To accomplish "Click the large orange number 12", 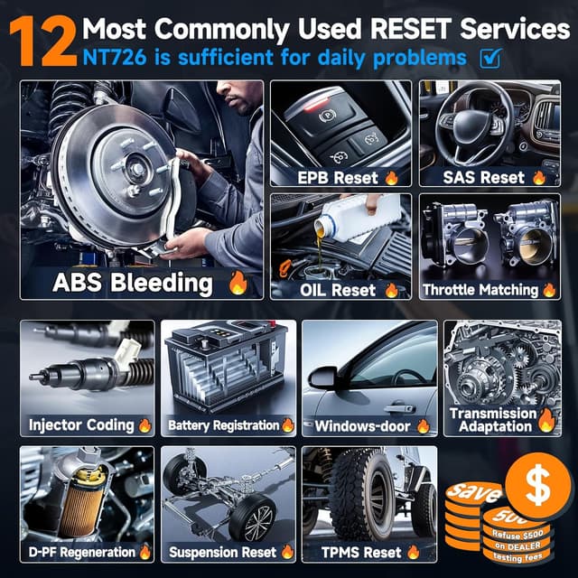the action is [43, 42].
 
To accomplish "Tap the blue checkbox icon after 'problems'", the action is [490, 58].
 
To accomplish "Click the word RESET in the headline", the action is [411, 29].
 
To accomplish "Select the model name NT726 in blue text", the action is [115, 58].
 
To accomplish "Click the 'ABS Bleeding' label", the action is [133, 283].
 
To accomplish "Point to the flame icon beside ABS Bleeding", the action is [238, 283].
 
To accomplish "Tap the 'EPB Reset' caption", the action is [338, 178].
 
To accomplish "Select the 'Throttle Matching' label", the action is [480, 290].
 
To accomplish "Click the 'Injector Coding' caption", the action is [81, 425].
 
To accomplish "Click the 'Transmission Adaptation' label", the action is [493, 420].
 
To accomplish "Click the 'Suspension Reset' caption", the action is [222, 552].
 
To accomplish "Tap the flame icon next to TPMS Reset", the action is [414, 552].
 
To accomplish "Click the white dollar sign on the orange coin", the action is [538, 484].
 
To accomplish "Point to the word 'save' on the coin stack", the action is [474, 491].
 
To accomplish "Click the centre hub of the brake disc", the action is [137, 170].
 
